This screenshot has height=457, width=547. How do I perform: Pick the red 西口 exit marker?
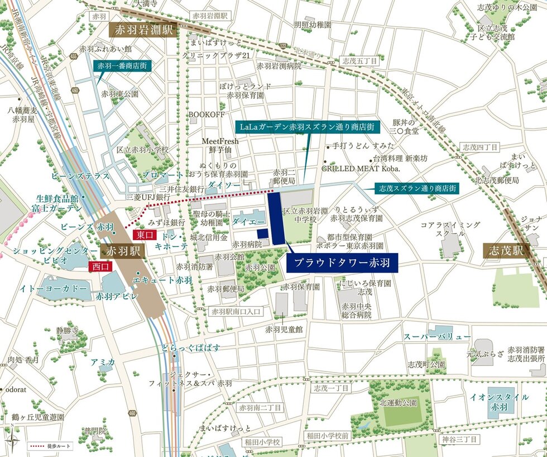(101, 266)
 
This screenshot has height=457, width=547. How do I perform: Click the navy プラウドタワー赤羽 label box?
(342, 261)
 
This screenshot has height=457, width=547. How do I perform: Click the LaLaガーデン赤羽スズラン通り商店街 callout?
(307, 127)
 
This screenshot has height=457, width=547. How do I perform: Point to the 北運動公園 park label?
(399, 402)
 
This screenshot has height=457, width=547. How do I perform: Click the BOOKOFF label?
(207, 114)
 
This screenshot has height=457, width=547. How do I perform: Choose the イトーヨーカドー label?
(54, 288)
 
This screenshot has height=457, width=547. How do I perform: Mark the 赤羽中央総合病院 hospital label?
(357, 311)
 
